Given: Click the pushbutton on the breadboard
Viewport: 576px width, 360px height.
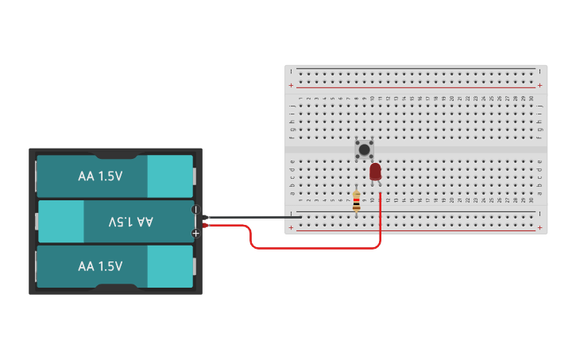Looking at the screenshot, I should (x=364, y=149).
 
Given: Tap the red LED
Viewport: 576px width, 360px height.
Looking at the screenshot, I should (x=376, y=172).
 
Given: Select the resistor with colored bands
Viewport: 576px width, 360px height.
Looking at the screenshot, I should (x=356, y=203).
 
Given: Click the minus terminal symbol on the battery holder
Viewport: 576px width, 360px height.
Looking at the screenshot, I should (x=195, y=210).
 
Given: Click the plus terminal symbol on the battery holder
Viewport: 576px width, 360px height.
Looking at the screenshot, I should (x=195, y=233).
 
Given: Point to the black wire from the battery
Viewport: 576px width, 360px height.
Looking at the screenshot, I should (x=254, y=217).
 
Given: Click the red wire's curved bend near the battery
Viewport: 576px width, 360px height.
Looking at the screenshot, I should (x=252, y=238).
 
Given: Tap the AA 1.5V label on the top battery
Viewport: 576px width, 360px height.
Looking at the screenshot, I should (x=100, y=176).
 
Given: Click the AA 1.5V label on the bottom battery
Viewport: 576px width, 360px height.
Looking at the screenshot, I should (x=100, y=266).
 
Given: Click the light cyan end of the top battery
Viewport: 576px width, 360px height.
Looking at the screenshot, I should (x=169, y=176).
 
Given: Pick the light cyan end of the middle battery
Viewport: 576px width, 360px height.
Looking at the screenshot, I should (x=61, y=222).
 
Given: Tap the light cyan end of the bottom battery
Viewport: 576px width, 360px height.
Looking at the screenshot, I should (x=169, y=266).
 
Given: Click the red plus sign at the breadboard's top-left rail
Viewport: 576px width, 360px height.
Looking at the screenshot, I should (x=291, y=86).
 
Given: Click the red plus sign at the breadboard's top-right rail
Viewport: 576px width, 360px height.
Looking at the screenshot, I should (x=540, y=86).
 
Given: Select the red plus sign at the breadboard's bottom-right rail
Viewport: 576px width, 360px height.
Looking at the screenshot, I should (x=540, y=228).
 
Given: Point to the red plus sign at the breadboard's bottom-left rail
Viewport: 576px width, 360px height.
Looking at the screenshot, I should (x=291, y=228).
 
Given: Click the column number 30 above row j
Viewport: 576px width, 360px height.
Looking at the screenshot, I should (x=531, y=99).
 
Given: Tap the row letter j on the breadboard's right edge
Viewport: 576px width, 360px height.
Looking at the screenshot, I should (x=540, y=105).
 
